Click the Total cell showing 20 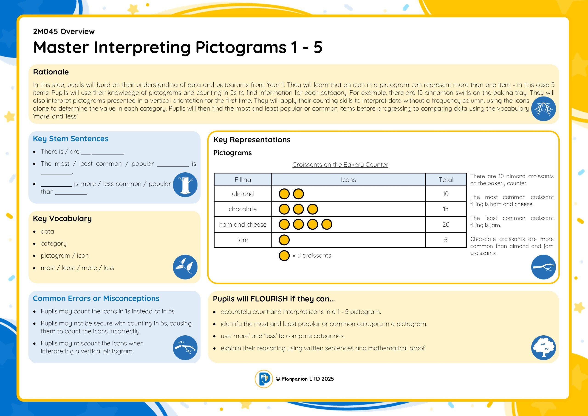click(446, 225)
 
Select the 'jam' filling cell click(243, 240)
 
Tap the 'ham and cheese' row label click(243, 225)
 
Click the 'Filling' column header click(243, 180)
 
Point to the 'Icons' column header click(348, 180)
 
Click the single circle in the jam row click(284, 240)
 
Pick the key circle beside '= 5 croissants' click(284, 256)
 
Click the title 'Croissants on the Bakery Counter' click(340, 165)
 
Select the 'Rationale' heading click(51, 72)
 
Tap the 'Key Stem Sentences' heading click(71, 139)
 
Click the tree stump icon click(185, 185)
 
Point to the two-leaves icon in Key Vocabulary click(185, 267)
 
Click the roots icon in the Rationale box click(543, 109)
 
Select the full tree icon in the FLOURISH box click(543, 348)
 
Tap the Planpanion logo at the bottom click(263, 379)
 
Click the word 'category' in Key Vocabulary click(54, 243)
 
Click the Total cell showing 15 click(446, 209)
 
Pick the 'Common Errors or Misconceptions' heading click(96, 298)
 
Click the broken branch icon click(185, 348)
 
